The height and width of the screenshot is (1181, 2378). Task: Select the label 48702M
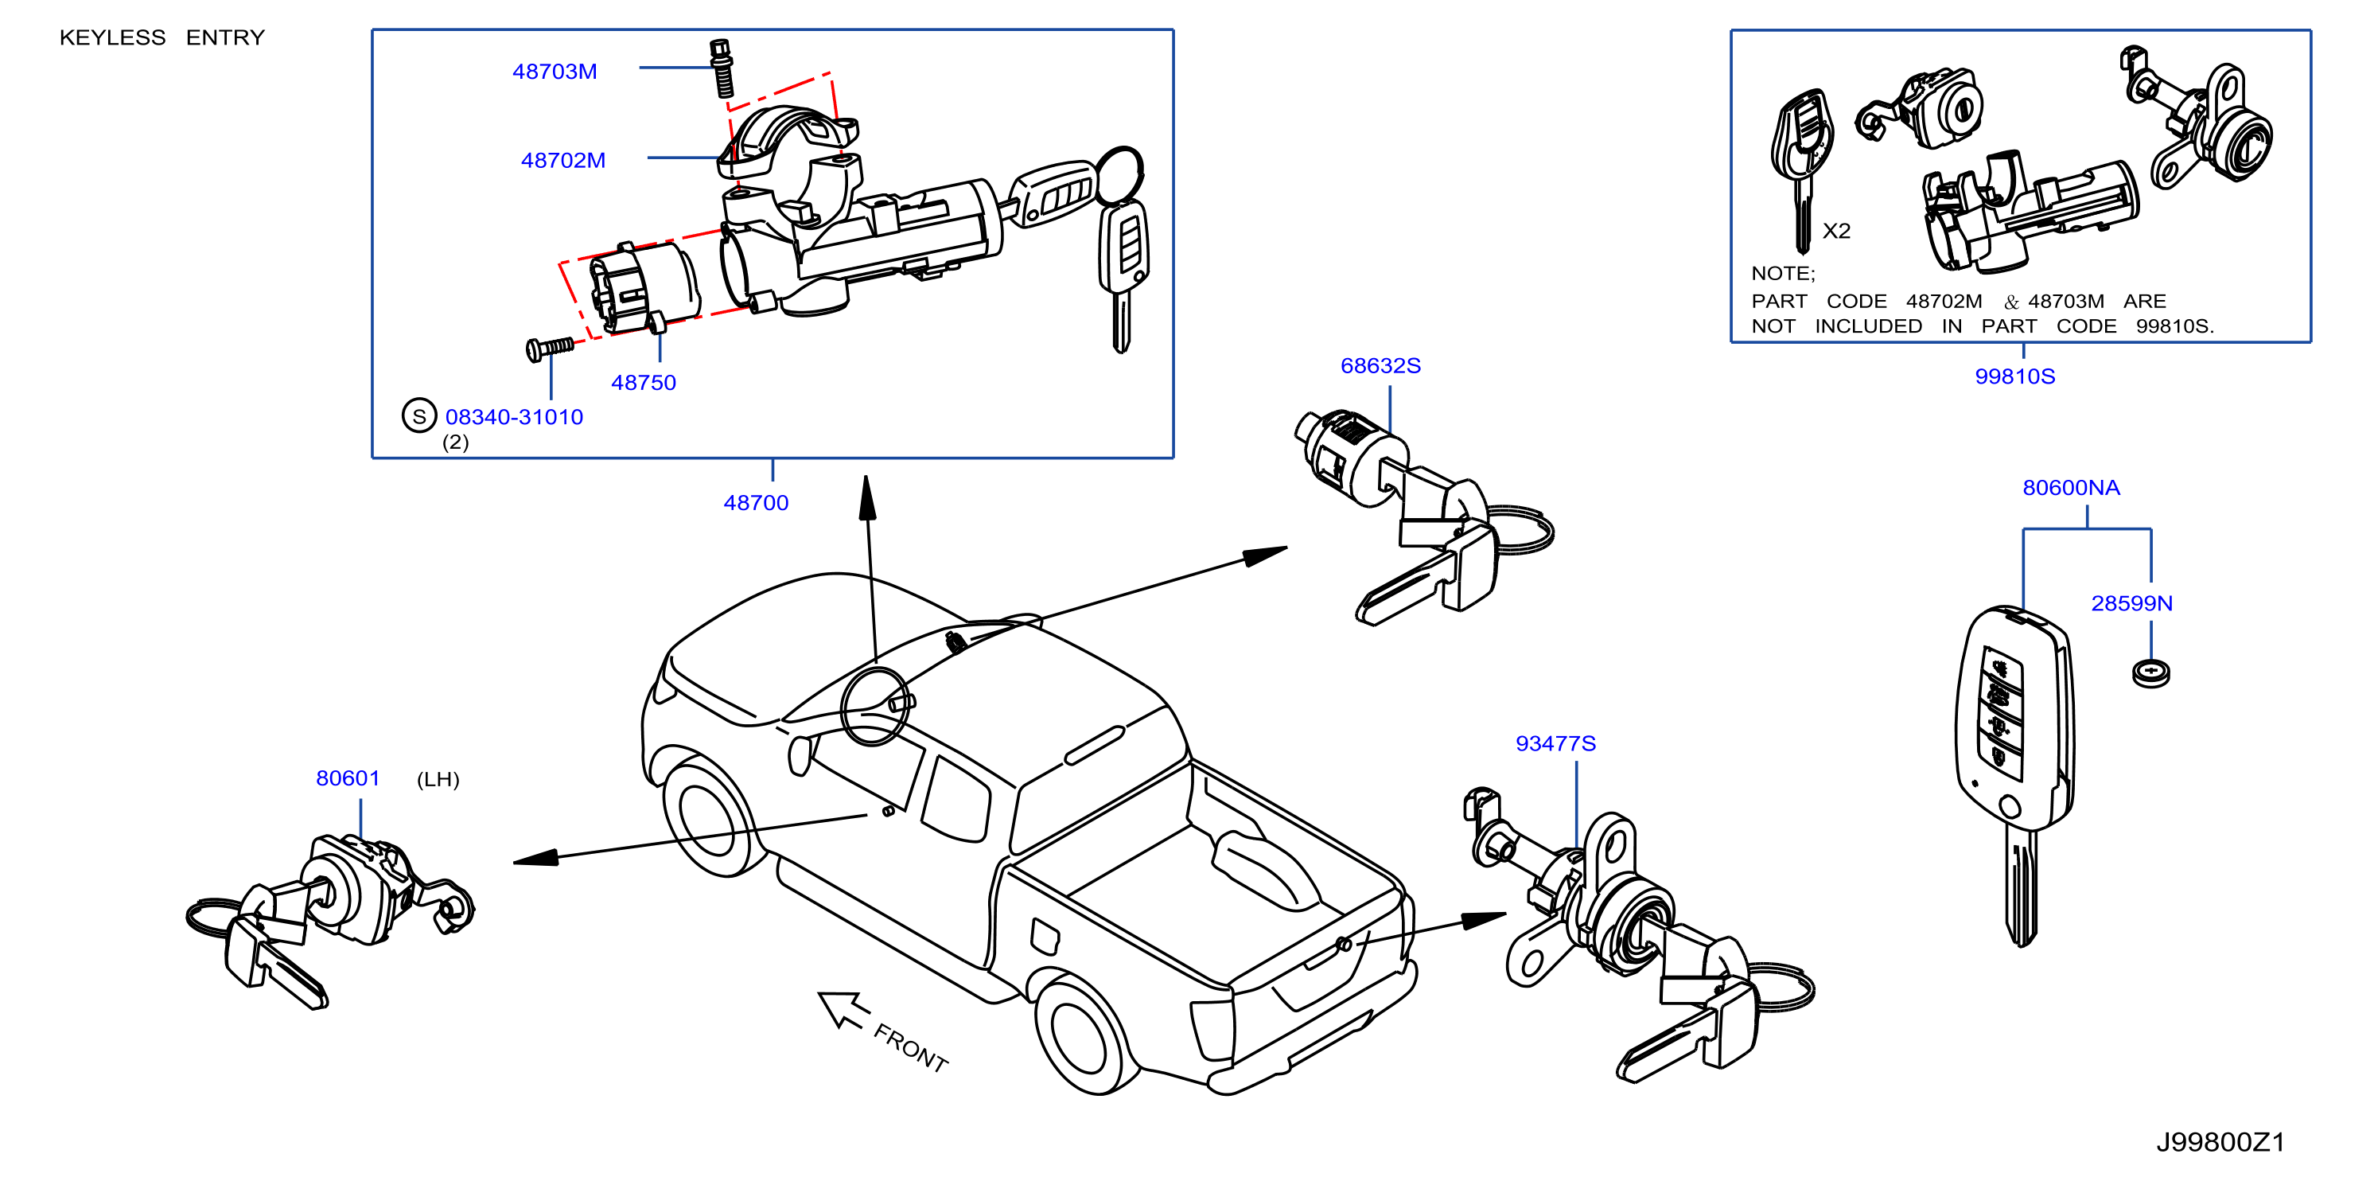tap(563, 160)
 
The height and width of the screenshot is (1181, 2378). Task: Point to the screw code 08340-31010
tap(514, 416)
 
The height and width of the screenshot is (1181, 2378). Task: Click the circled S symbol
tap(419, 415)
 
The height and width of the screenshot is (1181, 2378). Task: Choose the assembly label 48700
tap(756, 502)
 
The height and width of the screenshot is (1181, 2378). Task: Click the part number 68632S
tap(1380, 365)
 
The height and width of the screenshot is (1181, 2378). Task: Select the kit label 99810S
tap(2014, 376)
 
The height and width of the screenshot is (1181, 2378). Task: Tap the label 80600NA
tap(2071, 488)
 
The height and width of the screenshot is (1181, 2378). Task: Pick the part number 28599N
tap(2131, 603)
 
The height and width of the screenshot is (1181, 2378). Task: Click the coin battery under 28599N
tap(2151, 673)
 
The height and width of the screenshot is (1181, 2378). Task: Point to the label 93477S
tap(1555, 743)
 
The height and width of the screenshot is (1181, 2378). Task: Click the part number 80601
tap(348, 778)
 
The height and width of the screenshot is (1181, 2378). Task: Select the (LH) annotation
tap(438, 779)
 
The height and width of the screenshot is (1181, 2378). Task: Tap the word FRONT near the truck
tap(911, 1048)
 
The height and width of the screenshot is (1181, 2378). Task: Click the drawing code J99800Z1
tap(2220, 1142)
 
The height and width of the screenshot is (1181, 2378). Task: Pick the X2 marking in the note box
tap(1836, 231)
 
